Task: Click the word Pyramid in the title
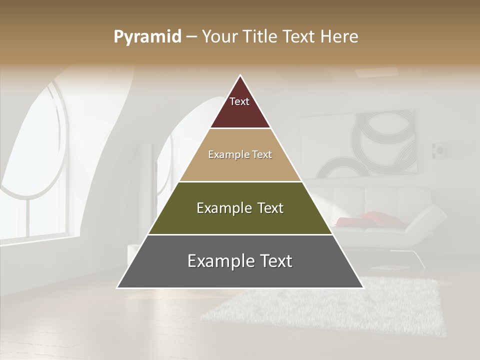[147, 37]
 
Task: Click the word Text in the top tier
[239, 101]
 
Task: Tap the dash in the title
[191, 37]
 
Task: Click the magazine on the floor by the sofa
[387, 268]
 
